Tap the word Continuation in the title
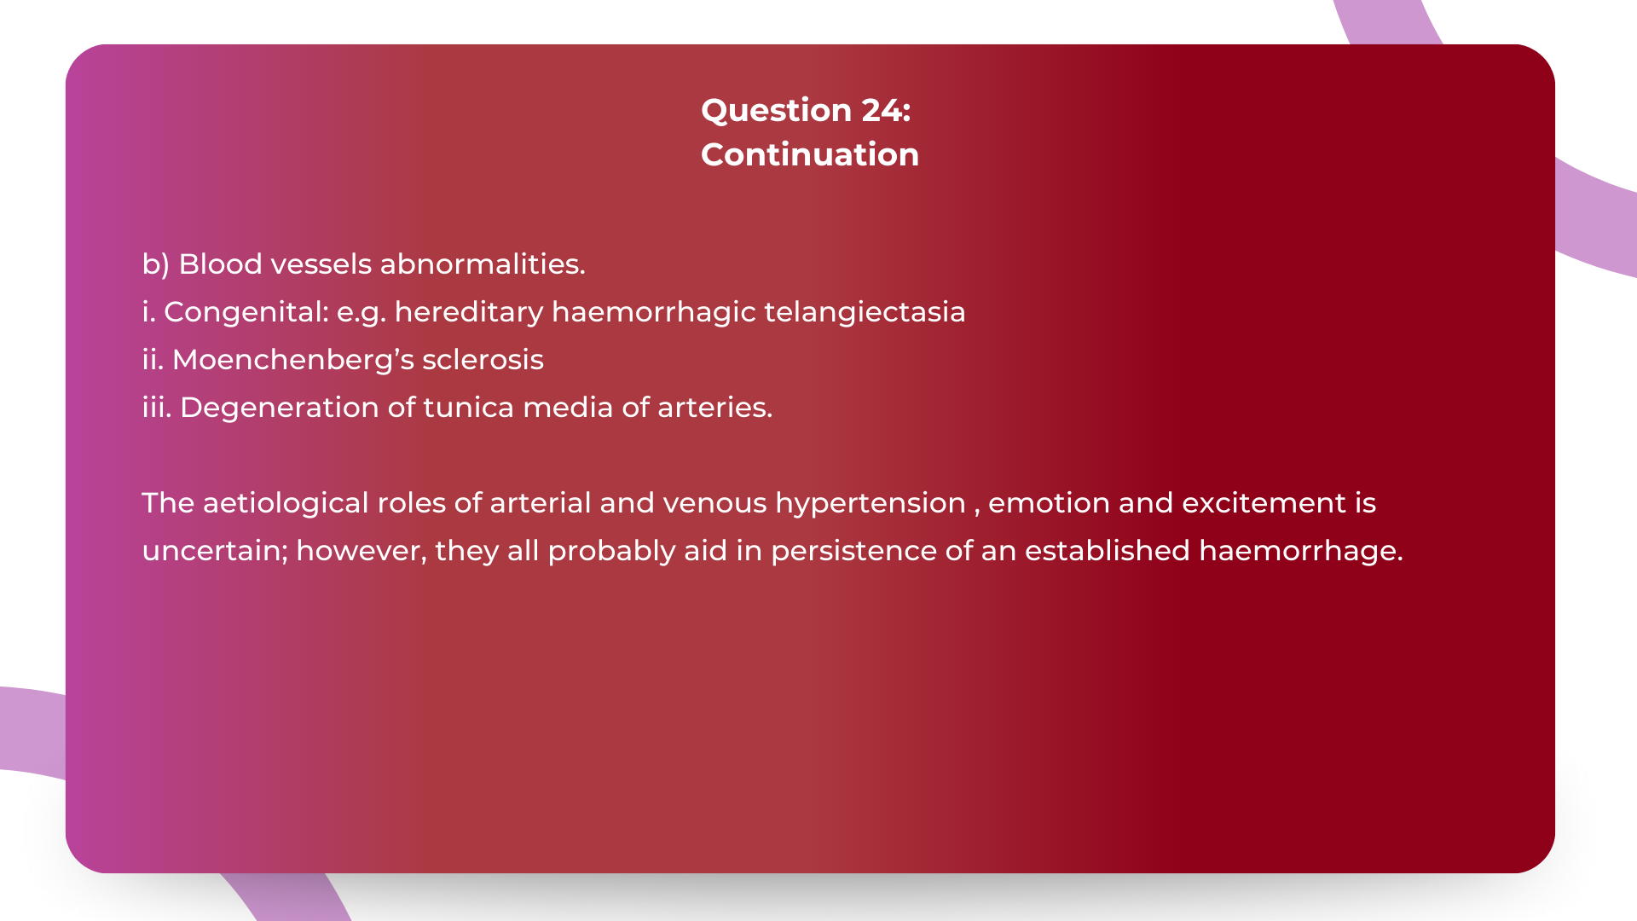coord(809,154)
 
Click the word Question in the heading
coord(775,110)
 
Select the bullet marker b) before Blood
coord(155,264)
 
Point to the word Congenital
coord(246,312)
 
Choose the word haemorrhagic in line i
coord(653,312)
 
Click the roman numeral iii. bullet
coord(156,408)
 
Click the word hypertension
coord(870,503)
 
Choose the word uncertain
coord(213,551)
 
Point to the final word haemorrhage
coord(1299,551)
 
